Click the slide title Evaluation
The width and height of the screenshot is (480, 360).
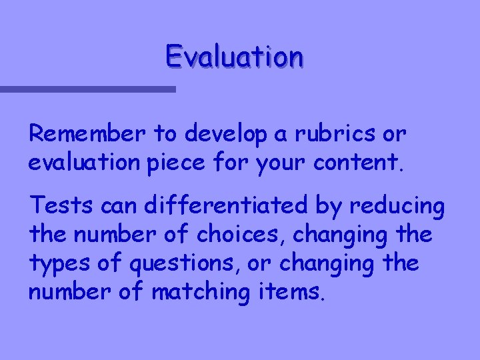pyautogui.click(x=235, y=57)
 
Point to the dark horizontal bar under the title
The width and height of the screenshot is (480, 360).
pyautogui.click(x=87, y=89)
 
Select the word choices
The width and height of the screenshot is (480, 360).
pyautogui.click(x=253, y=236)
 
